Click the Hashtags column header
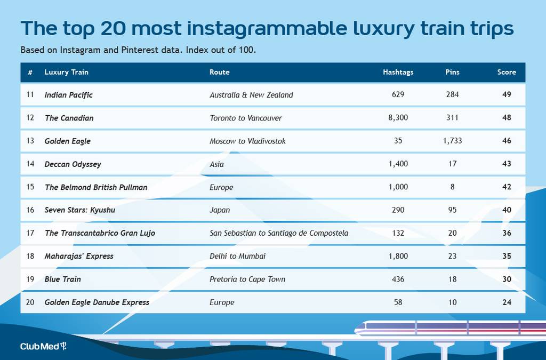(398, 72)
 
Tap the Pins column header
(452, 72)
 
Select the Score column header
(507, 72)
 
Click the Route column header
(219, 72)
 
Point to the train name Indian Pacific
(69, 95)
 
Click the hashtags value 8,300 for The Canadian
(398, 118)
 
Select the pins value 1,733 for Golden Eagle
(452, 141)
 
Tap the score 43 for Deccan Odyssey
(507, 164)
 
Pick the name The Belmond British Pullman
(96, 187)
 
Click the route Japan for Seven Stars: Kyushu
(220, 210)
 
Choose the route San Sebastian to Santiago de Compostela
(279, 233)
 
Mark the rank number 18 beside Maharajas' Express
(30, 256)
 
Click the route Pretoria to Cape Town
(247, 279)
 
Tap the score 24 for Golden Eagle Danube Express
(507, 302)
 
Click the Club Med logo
(43, 346)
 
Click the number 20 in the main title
(113, 29)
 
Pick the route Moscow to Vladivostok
(247, 141)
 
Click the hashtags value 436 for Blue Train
(398, 279)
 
